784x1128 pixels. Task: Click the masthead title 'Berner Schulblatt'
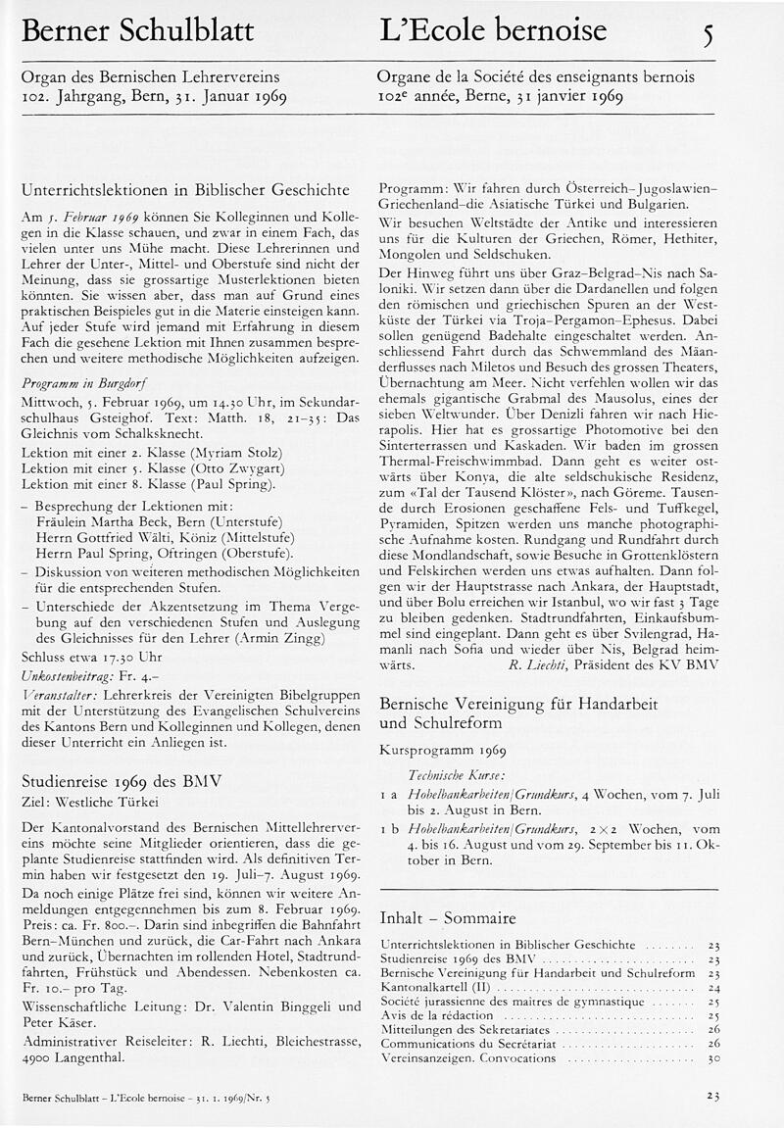coord(137,31)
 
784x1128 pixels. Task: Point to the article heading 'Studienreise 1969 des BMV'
coord(122,781)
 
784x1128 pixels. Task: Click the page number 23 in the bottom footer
coord(712,1097)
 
